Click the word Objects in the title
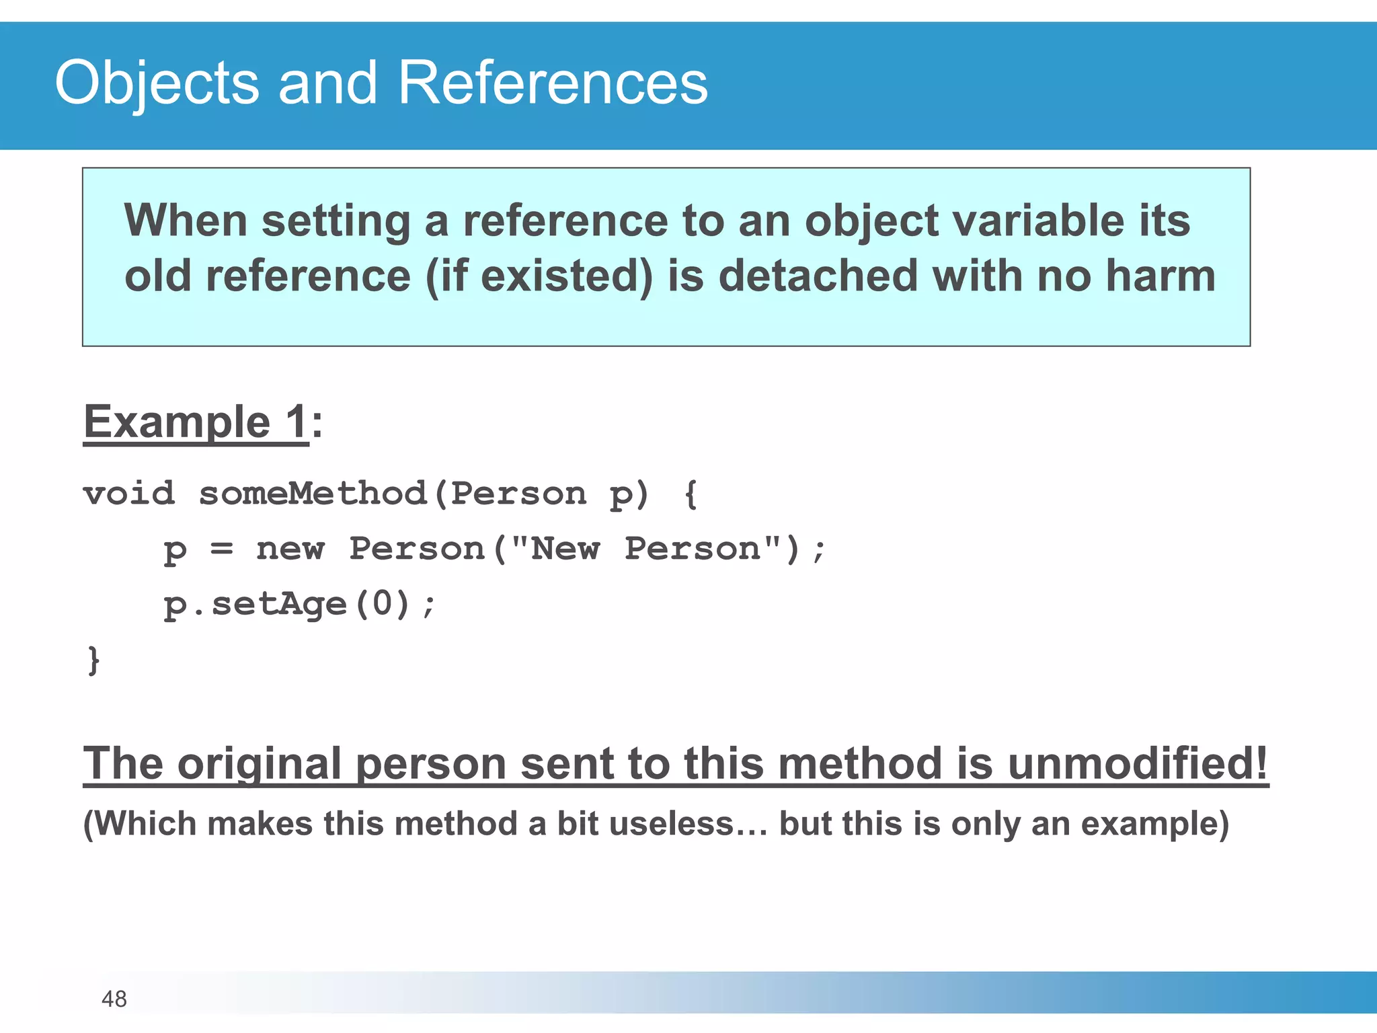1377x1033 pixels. coord(157,83)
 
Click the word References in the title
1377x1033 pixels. coord(553,83)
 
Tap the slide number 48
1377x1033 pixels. coord(114,999)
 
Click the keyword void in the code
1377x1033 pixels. coord(129,494)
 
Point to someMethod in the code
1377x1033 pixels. coord(313,494)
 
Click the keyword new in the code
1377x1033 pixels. coord(290,549)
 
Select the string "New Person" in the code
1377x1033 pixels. coord(645,548)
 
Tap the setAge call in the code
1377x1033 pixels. coord(279,604)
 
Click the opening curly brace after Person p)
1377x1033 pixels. coord(691,494)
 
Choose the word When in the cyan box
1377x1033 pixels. coord(186,221)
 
